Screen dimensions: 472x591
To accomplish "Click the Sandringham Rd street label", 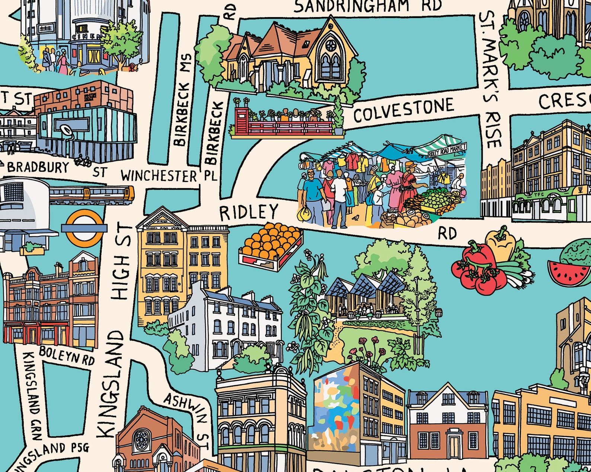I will click(367, 6).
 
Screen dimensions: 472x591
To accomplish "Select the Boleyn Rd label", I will click(67, 354).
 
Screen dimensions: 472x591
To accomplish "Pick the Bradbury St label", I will click(56, 169).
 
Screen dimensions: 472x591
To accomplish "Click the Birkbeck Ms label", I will click(183, 100).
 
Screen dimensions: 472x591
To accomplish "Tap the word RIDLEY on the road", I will click(248, 213).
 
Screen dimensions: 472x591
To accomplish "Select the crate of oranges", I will click(271, 246).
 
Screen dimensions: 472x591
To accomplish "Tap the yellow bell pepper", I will click(501, 244).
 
